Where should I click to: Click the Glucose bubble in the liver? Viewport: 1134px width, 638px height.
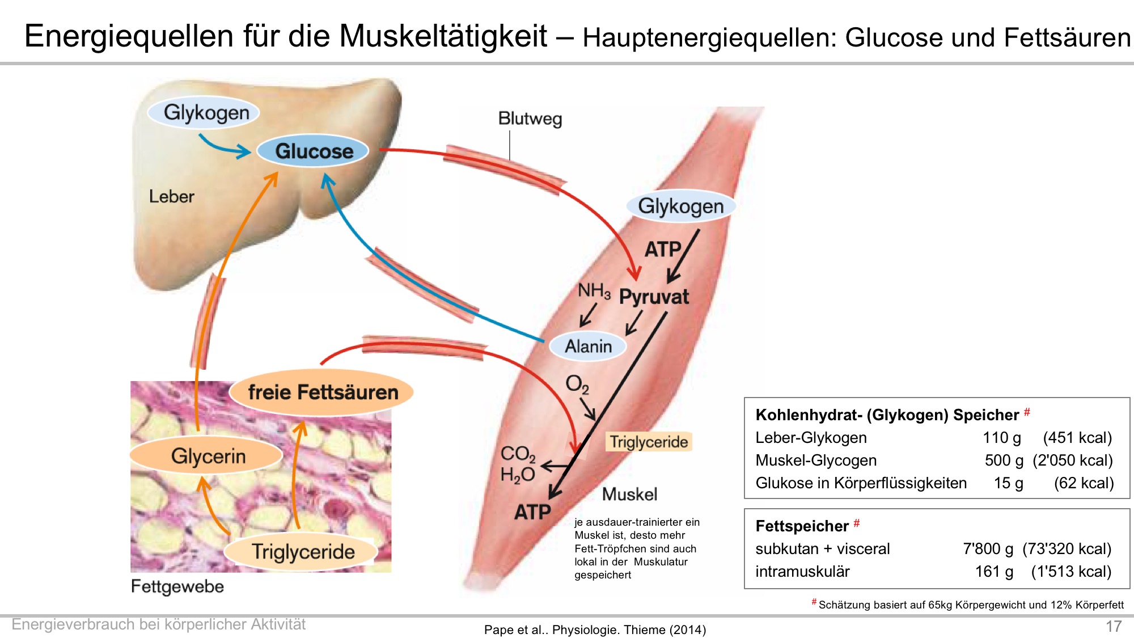pyautogui.click(x=313, y=151)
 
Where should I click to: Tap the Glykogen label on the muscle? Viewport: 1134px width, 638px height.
pyautogui.click(x=680, y=205)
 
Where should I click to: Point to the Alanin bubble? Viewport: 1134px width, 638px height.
pyautogui.click(x=588, y=346)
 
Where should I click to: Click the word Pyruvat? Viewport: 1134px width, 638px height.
pyautogui.click(x=654, y=297)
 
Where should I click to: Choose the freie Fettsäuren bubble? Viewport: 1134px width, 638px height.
pyautogui.click(x=322, y=392)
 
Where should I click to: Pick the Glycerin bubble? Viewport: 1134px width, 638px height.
pyautogui.click(x=207, y=455)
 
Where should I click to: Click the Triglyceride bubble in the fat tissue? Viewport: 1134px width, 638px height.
pyautogui.click(x=302, y=552)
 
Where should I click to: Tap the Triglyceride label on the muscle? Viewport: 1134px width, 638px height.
pyautogui.click(x=649, y=442)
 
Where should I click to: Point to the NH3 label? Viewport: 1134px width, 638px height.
pyautogui.click(x=594, y=291)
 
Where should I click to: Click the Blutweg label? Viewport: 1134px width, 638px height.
pyautogui.click(x=530, y=119)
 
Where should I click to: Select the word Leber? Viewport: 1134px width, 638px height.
pyautogui.click(x=171, y=196)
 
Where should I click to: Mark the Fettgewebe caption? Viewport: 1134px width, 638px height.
pyautogui.click(x=177, y=586)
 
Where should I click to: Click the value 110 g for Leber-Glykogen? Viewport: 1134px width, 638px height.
pyautogui.click(x=1002, y=438)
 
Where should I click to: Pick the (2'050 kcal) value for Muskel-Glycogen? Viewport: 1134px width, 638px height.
pyautogui.click(x=1073, y=460)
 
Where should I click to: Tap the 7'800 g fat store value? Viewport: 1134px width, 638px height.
pyautogui.click(x=988, y=549)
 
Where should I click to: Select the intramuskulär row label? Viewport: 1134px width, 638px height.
pyautogui.click(x=802, y=572)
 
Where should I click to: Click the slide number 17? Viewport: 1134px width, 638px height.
pyautogui.click(x=1114, y=626)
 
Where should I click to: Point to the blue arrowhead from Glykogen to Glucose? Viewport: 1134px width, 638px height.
pyautogui.click(x=244, y=151)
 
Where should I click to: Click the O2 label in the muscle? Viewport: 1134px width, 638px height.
pyautogui.click(x=577, y=385)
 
